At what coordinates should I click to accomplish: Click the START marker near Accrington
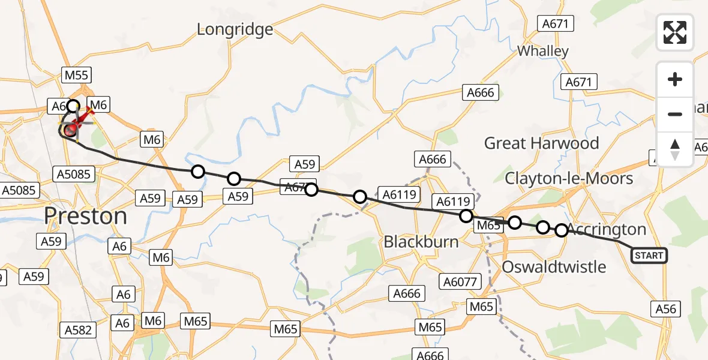pyautogui.click(x=649, y=256)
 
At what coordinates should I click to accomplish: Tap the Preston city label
pyautogui.click(x=86, y=216)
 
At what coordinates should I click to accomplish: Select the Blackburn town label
pyautogui.click(x=421, y=242)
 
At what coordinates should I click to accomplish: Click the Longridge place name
pyautogui.click(x=235, y=29)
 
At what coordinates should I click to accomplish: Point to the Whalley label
pyautogui.click(x=542, y=51)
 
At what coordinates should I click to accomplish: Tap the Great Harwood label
pyautogui.click(x=541, y=143)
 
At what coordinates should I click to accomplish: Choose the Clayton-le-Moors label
pyautogui.click(x=569, y=178)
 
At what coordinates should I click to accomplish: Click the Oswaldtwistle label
pyautogui.click(x=554, y=266)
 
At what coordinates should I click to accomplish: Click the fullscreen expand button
pyautogui.click(x=675, y=32)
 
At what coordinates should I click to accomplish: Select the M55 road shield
pyautogui.click(x=76, y=75)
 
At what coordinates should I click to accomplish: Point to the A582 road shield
pyautogui.click(x=79, y=329)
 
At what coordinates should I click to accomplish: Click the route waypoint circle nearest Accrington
pyautogui.click(x=561, y=230)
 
